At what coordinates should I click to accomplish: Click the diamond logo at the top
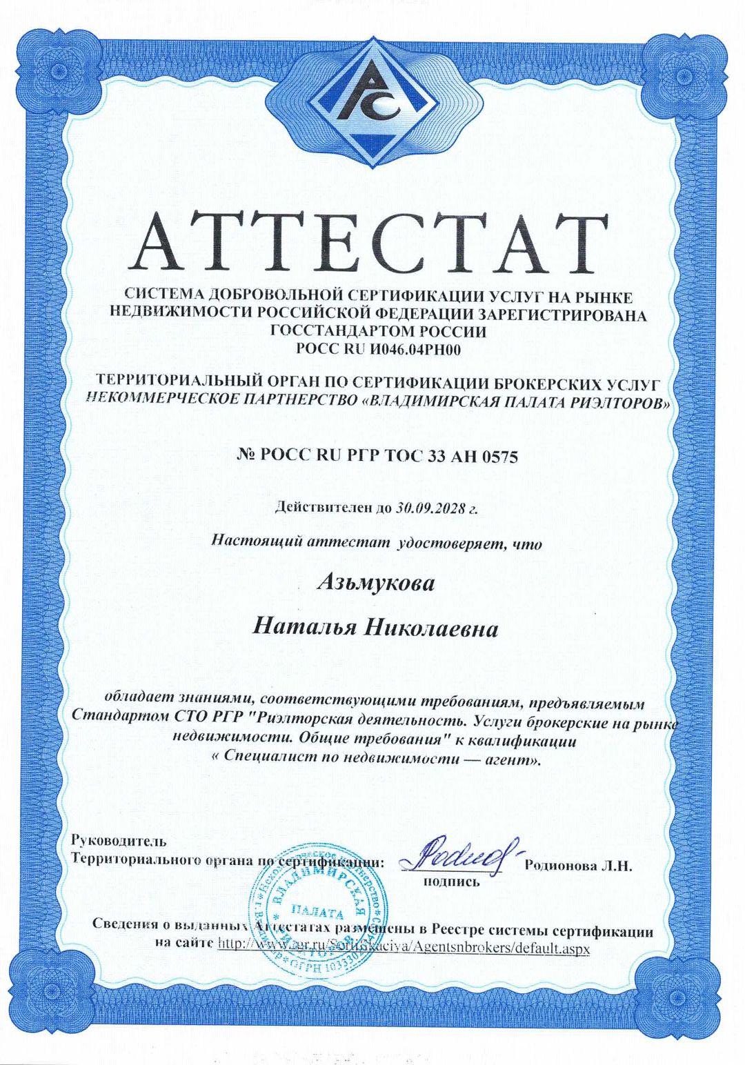pos(373,103)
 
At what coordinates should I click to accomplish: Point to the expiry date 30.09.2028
pos(428,508)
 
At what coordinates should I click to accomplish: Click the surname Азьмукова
pos(375,584)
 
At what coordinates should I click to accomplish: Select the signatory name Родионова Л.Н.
pos(578,866)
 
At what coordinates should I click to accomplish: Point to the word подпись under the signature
pos(451,882)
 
